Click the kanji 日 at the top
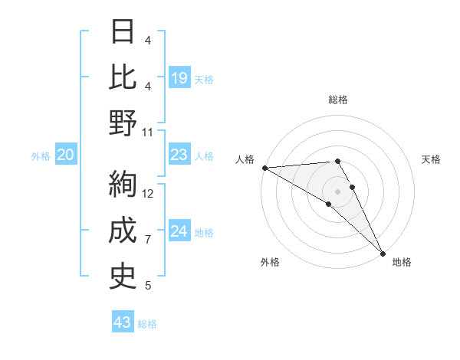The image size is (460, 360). pyautogui.click(x=123, y=32)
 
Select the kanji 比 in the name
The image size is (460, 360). pyautogui.click(x=123, y=77)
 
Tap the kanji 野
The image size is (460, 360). pyautogui.click(x=123, y=123)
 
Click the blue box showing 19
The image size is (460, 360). pyautogui.click(x=179, y=78)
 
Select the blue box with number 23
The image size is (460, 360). pyautogui.click(x=179, y=155)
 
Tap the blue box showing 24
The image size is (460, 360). pyautogui.click(x=179, y=232)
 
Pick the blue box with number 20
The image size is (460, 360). pyautogui.click(x=66, y=155)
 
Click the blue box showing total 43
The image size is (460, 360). pyautogui.click(x=123, y=322)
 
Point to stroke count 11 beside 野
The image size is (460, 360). pyautogui.click(x=148, y=132)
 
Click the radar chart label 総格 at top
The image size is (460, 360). pyautogui.click(x=337, y=100)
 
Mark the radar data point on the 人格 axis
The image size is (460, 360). pyautogui.click(x=264, y=168)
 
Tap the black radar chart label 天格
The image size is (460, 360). pyautogui.click(x=431, y=159)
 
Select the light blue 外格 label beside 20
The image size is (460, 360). pyautogui.click(x=41, y=156)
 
